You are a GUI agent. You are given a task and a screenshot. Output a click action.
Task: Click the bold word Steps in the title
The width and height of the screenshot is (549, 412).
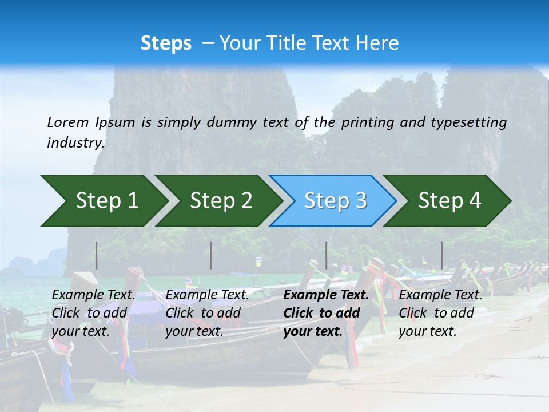point(166,43)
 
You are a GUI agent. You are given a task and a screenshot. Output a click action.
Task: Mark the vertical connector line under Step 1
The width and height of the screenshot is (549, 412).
point(97,255)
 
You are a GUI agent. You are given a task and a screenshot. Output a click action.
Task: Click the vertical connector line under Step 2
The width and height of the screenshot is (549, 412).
point(211,255)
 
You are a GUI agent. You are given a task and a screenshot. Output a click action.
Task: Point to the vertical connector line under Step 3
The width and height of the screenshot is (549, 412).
point(326,255)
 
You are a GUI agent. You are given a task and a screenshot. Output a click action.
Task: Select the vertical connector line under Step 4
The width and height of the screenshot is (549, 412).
point(441,255)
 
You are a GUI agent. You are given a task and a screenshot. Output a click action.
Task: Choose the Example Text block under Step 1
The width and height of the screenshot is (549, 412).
point(93,313)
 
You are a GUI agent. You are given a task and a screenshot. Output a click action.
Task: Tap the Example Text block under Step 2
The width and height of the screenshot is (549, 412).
point(207,313)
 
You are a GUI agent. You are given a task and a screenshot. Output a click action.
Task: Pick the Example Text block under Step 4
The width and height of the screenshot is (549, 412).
point(440,313)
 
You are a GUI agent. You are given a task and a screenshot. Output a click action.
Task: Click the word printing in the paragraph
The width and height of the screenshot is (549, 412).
point(369,122)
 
